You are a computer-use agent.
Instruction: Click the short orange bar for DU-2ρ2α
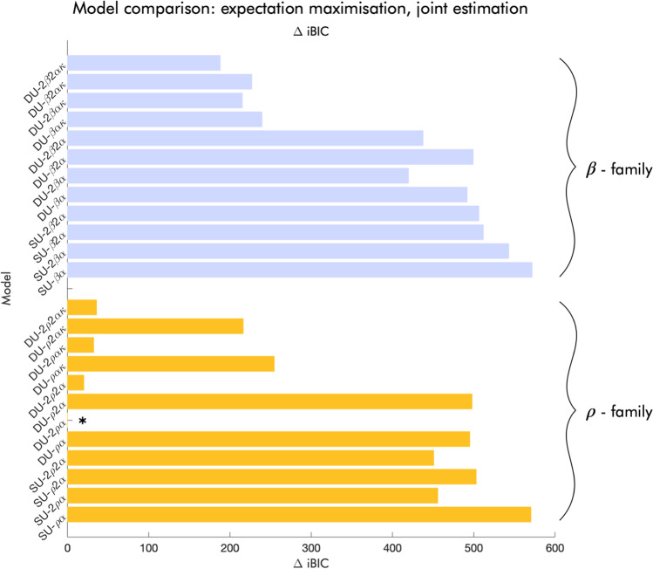pyautogui.click(x=76, y=382)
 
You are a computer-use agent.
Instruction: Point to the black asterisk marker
pyautogui.click(x=83, y=422)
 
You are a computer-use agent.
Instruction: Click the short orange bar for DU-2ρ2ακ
pyautogui.click(x=82, y=307)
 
